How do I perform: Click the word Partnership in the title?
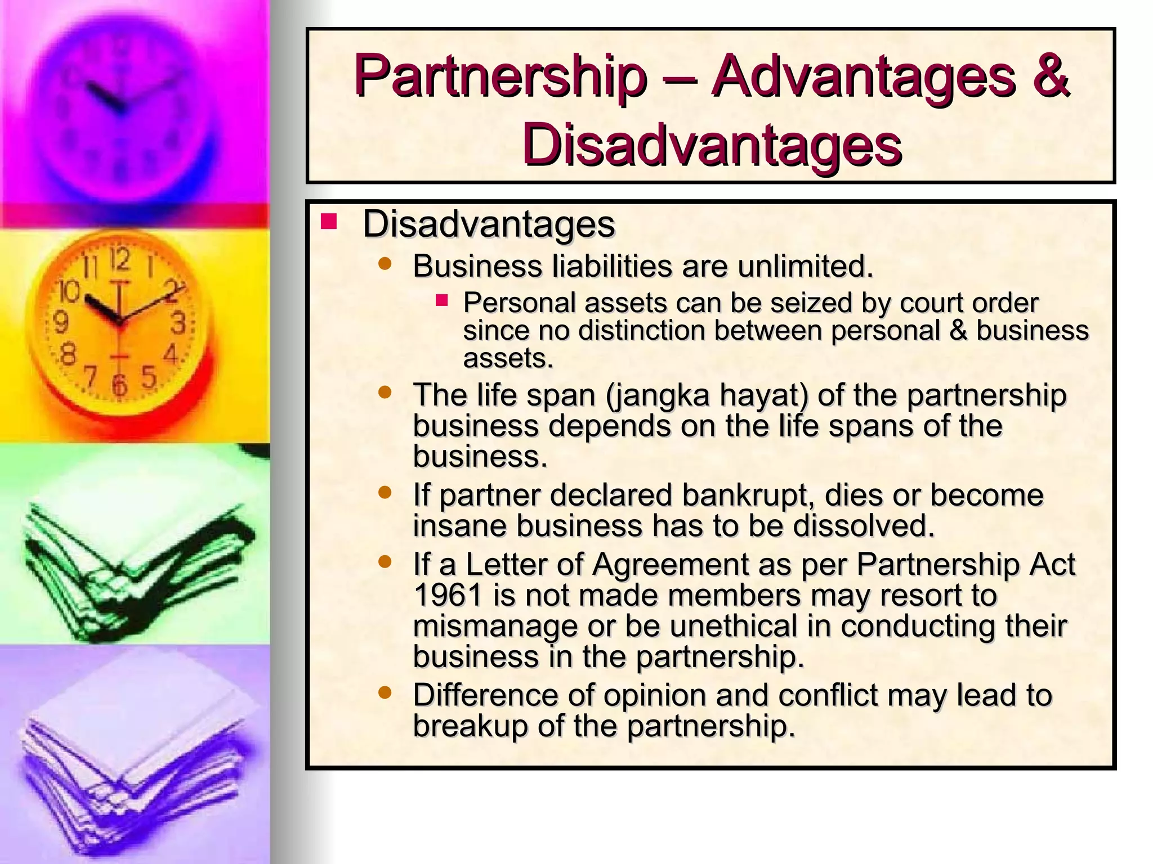coord(500,78)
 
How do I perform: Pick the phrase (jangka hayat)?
coord(707,395)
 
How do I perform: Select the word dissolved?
coord(864,526)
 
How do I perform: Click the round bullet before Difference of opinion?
coord(385,692)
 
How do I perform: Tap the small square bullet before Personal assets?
coord(441,301)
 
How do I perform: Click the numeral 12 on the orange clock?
coord(120,259)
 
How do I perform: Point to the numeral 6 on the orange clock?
coord(119,385)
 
